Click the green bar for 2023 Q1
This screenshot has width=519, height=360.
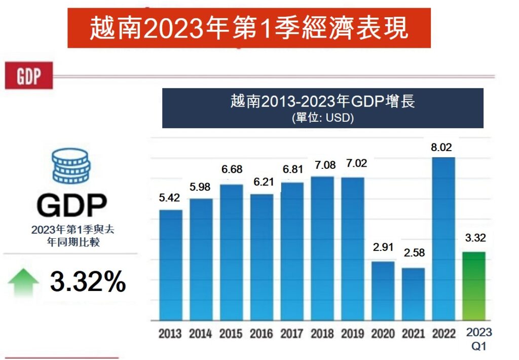click(474, 286)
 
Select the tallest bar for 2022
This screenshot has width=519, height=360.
click(444, 239)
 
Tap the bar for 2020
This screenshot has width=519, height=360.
click(383, 291)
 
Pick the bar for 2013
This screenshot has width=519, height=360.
click(171, 265)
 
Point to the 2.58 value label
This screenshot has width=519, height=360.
click(414, 252)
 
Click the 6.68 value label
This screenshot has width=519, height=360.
click(232, 169)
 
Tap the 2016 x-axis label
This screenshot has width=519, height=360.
click(262, 334)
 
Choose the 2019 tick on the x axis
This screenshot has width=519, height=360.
click(353, 334)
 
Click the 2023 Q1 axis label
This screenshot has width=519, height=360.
click(478, 339)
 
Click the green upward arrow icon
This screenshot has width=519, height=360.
click(23, 283)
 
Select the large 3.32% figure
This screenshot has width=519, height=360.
click(88, 281)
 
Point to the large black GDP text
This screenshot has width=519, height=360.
click(72, 205)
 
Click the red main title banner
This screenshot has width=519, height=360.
click(249, 28)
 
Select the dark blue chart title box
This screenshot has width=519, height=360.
click(322, 108)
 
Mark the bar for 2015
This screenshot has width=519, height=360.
click(232, 253)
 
